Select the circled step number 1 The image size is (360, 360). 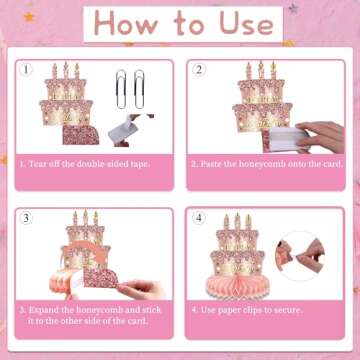click(x=28, y=70)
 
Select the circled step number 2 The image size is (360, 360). click(x=198, y=70)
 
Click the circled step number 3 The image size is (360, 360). click(x=28, y=217)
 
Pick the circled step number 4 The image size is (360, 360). click(x=198, y=217)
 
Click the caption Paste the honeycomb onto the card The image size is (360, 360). click(x=264, y=163)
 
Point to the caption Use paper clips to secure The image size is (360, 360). click(x=247, y=310)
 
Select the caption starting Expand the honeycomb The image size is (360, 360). click(x=91, y=315)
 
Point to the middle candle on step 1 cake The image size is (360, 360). click(x=67, y=72)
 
